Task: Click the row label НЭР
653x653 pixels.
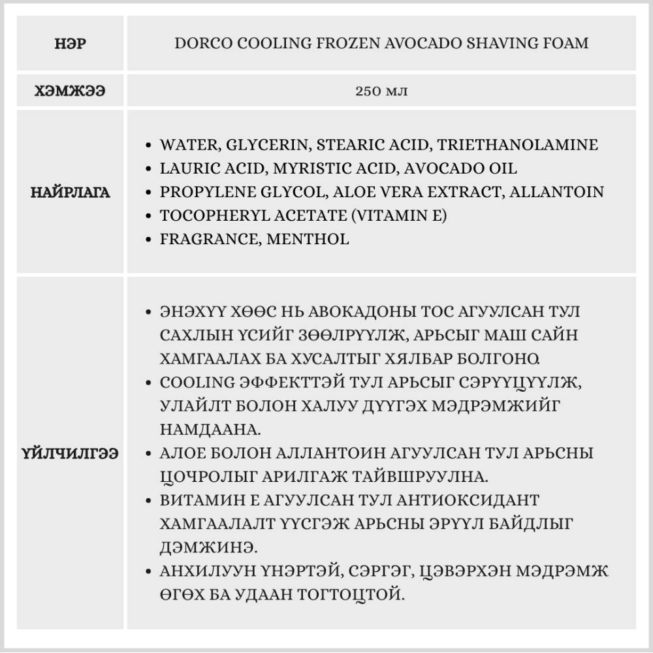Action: tap(71, 44)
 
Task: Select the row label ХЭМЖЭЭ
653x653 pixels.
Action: tap(71, 91)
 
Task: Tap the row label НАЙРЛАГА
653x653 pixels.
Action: tap(71, 193)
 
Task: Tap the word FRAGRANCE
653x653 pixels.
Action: tap(210, 239)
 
